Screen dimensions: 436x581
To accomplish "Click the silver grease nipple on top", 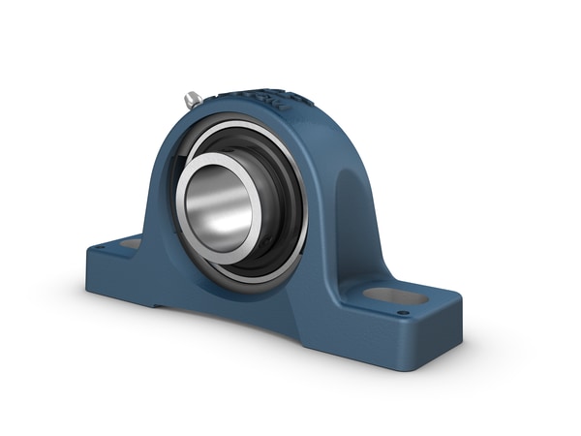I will [x=193, y=99].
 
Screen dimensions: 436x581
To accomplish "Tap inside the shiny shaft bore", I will [x=221, y=206].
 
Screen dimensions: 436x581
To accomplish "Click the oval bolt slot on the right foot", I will [x=396, y=294].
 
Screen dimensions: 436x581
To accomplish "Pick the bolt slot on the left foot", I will [x=129, y=243].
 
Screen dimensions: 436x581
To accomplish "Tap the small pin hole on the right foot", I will [x=403, y=312].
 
